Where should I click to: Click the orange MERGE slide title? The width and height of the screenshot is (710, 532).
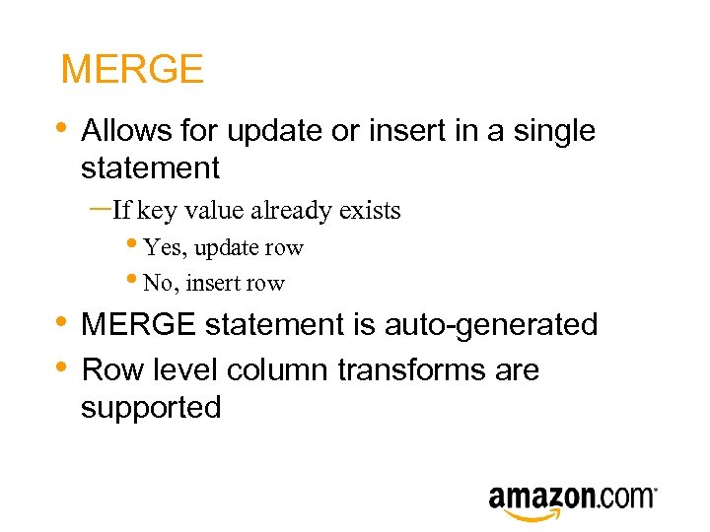click(132, 70)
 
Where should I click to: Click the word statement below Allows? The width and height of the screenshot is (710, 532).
click(150, 167)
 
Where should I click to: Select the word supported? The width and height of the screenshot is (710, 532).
click(151, 407)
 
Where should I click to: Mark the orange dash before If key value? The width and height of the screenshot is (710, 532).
click(100, 208)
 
